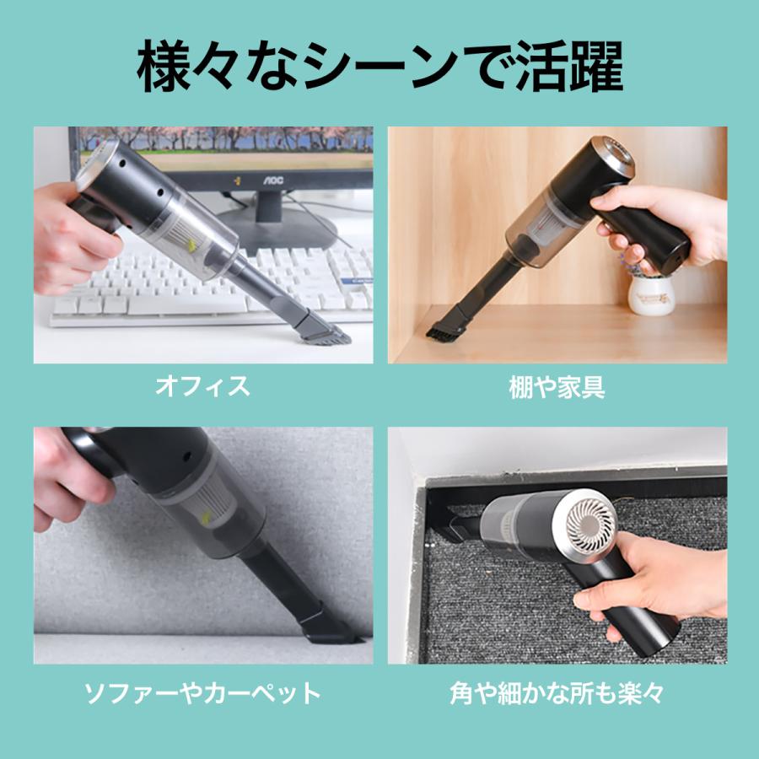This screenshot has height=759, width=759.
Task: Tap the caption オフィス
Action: (202, 387)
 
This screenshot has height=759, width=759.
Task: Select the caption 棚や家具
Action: (557, 387)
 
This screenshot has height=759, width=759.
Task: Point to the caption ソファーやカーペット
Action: (202, 693)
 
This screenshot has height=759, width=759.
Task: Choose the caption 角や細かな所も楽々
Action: (557, 693)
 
